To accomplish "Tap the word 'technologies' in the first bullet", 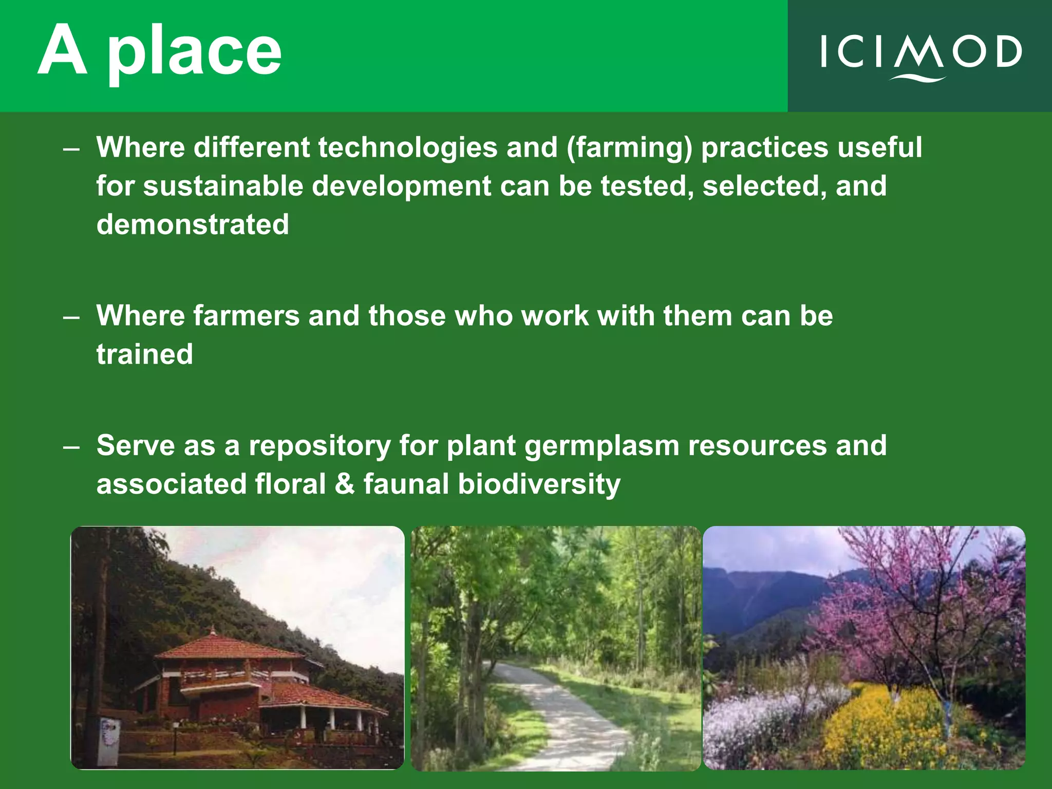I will [x=408, y=147].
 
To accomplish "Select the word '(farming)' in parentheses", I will [x=629, y=147].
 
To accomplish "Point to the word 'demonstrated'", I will [x=193, y=224].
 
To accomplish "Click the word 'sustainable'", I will [x=223, y=186].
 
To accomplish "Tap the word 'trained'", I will [x=144, y=354].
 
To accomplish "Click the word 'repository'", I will [x=320, y=445].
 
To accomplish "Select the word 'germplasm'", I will [x=602, y=445].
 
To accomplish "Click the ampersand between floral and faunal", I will [x=344, y=484].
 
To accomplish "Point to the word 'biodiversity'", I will [x=539, y=484].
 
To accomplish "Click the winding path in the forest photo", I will [x=565, y=719].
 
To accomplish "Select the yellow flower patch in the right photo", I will [x=884, y=724].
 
